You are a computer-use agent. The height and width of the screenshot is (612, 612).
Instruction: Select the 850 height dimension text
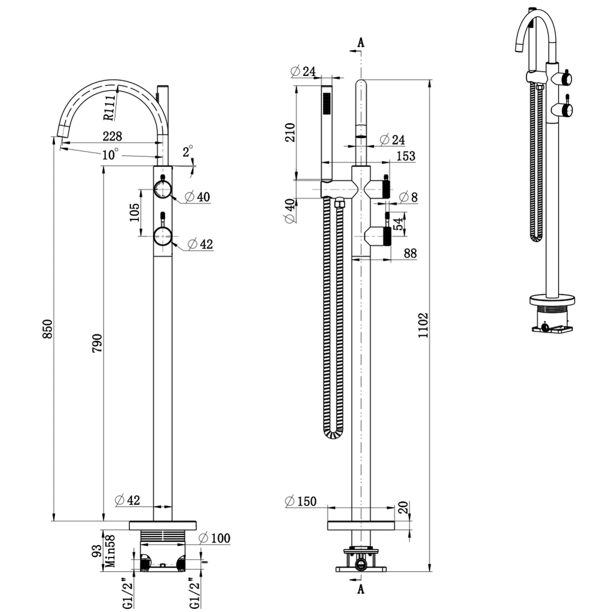click(x=48, y=330)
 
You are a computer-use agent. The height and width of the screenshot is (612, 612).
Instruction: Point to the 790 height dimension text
click(x=98, y=343)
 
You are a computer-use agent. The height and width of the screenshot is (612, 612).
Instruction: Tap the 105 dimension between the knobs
click(x=134, y=212)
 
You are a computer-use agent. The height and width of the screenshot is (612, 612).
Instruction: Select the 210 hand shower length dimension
click(x=290, y=132)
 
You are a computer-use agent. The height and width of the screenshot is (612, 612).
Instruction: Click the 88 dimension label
click(x=410, y=254)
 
